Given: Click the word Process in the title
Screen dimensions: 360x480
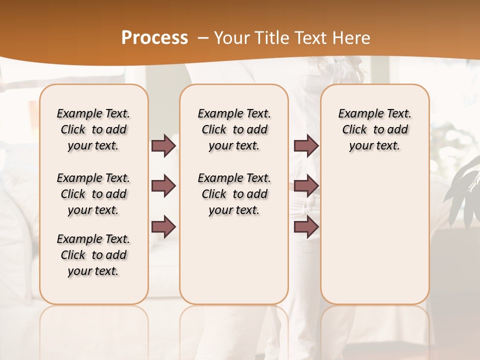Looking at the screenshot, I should (154, 37).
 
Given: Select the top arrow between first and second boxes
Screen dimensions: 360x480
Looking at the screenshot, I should (163, 146).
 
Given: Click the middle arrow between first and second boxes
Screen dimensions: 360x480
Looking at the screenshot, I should (163, 186).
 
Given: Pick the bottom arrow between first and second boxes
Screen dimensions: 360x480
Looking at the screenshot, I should (163, 227).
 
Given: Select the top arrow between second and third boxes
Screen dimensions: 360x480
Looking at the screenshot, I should (306, 145).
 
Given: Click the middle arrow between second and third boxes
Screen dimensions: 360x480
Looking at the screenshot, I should (306, 186).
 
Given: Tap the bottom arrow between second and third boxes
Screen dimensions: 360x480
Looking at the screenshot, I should (306, 227).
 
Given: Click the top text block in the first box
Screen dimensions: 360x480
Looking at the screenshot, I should (93, 129).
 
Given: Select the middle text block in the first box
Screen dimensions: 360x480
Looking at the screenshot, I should (93, 194).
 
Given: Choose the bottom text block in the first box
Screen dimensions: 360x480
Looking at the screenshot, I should (93, 255).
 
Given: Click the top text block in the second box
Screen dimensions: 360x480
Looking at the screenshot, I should (234, 129).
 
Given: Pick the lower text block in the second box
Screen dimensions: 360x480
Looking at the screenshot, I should (234, 194).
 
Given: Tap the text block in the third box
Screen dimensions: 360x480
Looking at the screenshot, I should (375, 129).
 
